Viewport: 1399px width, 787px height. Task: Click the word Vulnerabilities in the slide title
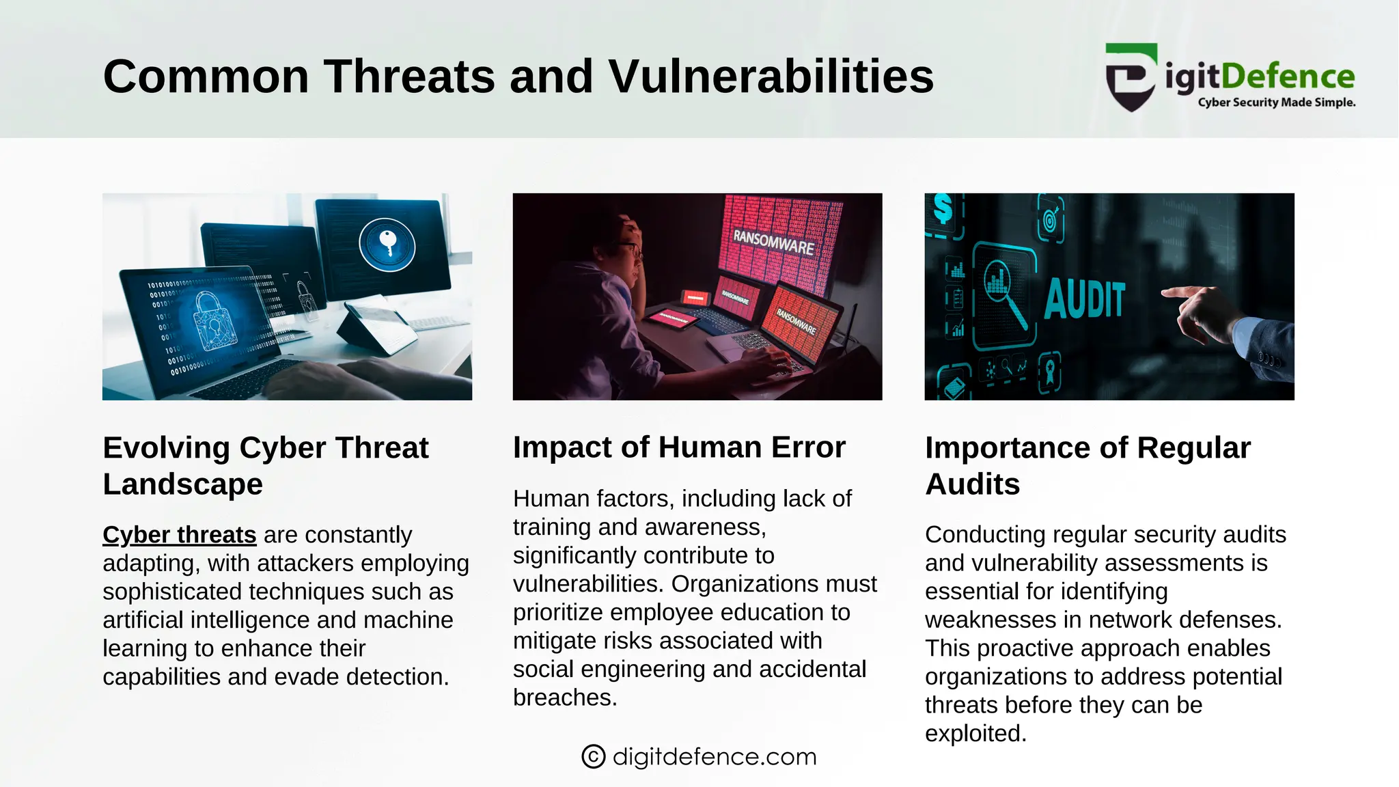pos(771,76)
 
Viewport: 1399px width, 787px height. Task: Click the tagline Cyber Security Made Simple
pos(1276,102)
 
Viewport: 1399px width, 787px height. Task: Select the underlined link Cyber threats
pos(179,534)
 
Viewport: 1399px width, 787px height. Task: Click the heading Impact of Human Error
pos(679,447)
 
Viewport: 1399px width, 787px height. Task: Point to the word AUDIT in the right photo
pos(1084,299)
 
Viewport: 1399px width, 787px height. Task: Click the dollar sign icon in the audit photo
pos(943,208)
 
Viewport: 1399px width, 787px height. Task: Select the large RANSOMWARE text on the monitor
pos(773,243)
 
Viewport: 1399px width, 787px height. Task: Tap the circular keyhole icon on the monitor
pos(387,245)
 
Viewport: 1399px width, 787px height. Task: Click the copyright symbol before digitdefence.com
pos(593,756)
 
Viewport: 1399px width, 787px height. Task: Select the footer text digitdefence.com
pos(714,756)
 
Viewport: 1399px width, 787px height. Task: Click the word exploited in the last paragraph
pos(975,733)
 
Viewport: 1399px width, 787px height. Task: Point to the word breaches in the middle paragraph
pos(564,698)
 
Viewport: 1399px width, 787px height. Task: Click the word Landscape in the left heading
pos(182,484)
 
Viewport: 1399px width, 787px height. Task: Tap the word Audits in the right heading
pos(972,484)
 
